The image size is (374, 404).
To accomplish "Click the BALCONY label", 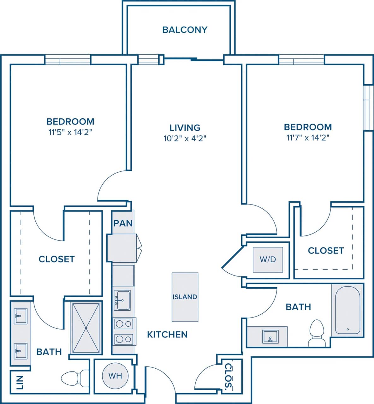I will click(185, 30).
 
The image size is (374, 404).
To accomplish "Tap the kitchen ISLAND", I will click(185, 297).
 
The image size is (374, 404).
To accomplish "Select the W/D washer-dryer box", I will click(268, 259).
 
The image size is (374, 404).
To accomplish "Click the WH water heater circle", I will click(115, 376).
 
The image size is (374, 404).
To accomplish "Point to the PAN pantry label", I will click(123, 223).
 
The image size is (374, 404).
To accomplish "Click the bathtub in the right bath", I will click(347, 310).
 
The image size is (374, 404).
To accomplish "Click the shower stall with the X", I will click(86, 328).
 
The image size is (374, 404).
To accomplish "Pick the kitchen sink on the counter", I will click(122, 300).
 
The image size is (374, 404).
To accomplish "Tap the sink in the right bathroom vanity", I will click(270, 337).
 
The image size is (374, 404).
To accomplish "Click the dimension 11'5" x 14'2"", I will click(70, 132).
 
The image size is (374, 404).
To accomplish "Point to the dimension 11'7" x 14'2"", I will click(308, 137).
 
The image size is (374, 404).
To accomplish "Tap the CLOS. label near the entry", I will click(228, 376).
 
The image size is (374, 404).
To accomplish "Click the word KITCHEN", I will click(167, 334).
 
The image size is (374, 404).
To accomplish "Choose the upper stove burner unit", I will click(123, 324).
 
